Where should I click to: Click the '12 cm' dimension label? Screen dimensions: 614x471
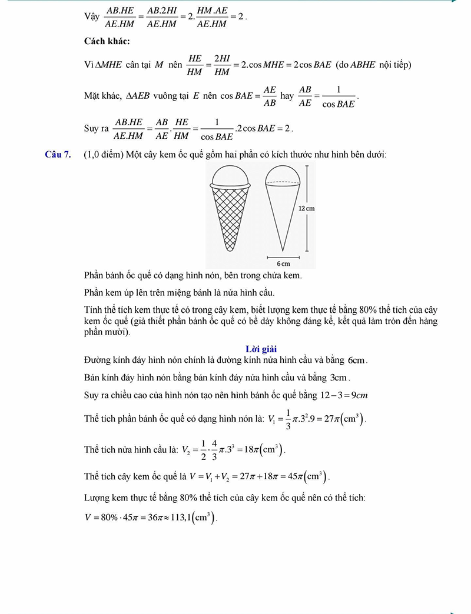click(x=306, y=209)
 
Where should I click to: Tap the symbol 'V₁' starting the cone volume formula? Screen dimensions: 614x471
click(x=271, y=419)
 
